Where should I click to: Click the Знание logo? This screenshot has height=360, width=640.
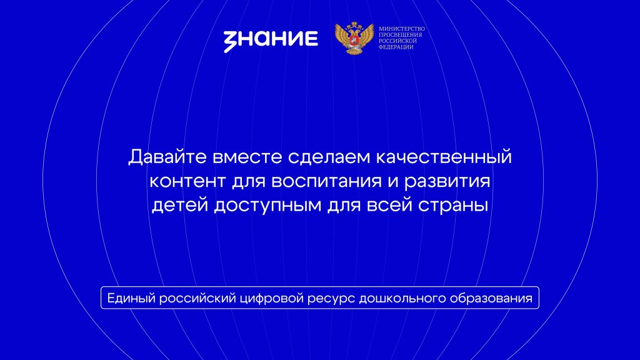pos(271,39)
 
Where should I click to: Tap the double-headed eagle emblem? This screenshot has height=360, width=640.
pos(354,38)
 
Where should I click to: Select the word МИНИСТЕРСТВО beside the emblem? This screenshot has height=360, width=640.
pos(402,29)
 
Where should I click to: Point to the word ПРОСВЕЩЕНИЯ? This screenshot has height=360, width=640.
pos(401,35)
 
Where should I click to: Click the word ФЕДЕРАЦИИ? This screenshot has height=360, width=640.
pos(396,47)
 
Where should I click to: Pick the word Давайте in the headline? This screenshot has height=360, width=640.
pos(167,157)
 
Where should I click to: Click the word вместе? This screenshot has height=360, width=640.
pos(247,157)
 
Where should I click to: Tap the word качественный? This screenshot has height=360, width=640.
pos(444,157)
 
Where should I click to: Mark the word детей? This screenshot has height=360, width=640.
pos(180,205)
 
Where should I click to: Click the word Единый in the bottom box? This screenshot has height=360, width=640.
pos(131,298)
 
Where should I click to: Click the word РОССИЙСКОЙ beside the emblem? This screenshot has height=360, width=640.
pos(397,41)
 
